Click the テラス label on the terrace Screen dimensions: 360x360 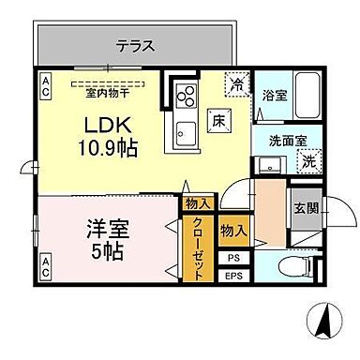pos(135,45)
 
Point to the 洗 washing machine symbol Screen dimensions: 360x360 pos(308,160)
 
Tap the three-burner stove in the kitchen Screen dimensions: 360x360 pos(184,97)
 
